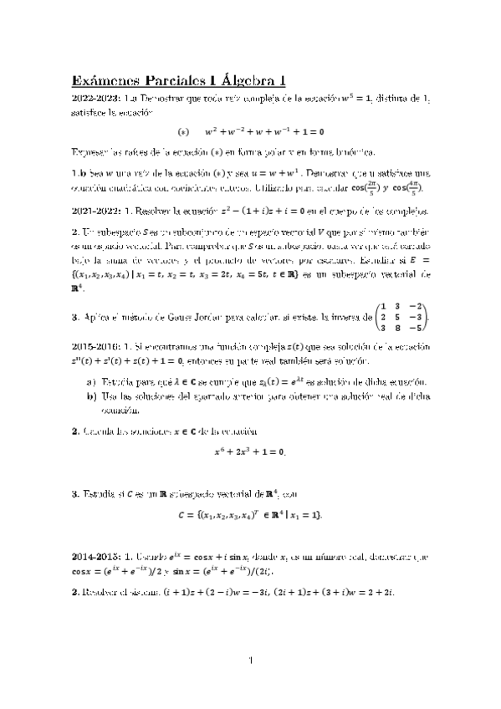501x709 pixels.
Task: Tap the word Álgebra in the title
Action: point(247,81)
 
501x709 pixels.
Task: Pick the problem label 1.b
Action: point(78,173)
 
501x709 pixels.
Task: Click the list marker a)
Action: point(91,381)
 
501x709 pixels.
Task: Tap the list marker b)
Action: point(91,395)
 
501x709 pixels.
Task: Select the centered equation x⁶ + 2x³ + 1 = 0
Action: point(250,451)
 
